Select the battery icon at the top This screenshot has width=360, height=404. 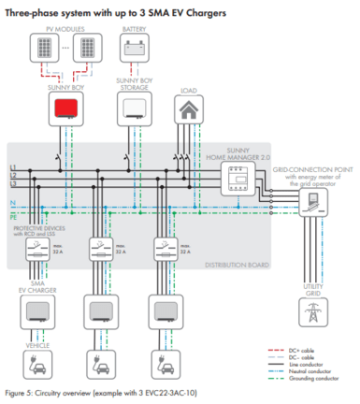coord(137,47)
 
